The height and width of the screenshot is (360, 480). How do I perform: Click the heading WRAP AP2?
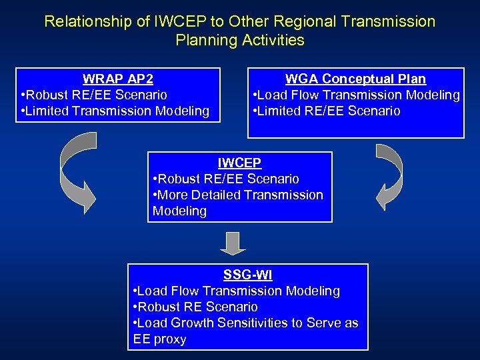point(117,79)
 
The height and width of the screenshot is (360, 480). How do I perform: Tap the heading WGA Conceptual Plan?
point(355,79)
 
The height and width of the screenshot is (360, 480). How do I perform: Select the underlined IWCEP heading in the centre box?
point(239,163)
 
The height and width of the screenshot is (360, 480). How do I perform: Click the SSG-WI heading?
point(248,275)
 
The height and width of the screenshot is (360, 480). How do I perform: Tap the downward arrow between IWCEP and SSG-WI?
point(233,243)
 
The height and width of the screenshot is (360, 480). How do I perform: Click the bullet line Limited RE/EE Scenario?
point(327,111)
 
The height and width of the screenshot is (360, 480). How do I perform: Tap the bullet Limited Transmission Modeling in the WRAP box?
point(115,111)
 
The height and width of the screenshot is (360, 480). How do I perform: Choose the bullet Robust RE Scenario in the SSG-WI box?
point(196,307)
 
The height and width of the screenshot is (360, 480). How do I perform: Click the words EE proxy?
point(160,339)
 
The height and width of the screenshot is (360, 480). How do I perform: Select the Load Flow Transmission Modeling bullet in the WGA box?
point(357,95)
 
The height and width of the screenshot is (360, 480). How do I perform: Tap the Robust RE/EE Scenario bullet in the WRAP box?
point(94,95)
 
